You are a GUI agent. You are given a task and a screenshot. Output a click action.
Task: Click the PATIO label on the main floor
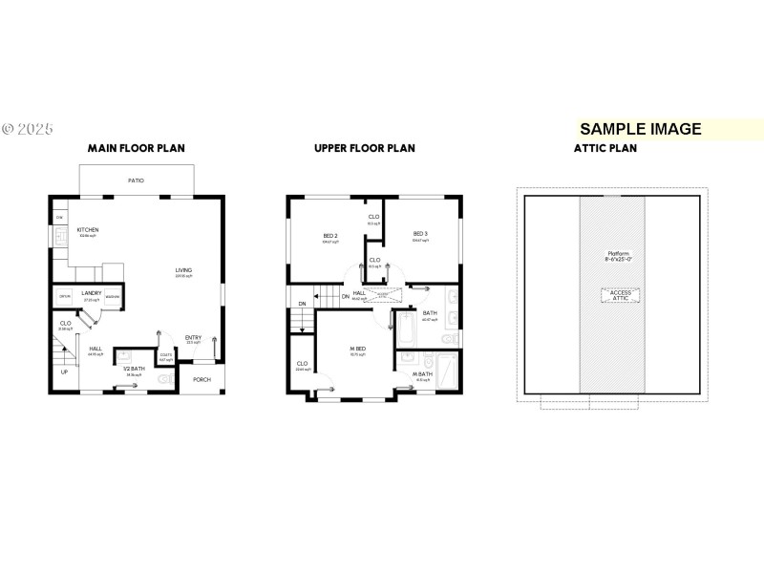137,180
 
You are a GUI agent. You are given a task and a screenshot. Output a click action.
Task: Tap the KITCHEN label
88,230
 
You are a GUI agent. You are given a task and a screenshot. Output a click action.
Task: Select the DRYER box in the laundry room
65,297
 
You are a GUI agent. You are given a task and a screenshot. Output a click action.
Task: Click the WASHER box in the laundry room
112,297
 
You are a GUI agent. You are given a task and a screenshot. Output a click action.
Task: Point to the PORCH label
202,379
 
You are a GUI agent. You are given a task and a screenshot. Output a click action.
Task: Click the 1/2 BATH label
134,369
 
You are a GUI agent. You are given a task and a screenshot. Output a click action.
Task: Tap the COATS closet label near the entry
165,355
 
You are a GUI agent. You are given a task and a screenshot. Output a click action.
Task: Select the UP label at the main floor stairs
64,371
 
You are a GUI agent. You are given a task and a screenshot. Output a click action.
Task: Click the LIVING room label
183,270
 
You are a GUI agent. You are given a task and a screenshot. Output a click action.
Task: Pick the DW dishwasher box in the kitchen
58,218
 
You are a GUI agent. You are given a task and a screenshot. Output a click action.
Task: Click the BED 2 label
329,234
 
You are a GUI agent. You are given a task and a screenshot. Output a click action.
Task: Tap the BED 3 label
420,234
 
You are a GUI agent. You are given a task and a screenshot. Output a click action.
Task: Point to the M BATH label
421,374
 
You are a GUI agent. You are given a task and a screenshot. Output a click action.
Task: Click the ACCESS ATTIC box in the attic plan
612,296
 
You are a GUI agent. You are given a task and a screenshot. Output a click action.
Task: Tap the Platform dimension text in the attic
612,256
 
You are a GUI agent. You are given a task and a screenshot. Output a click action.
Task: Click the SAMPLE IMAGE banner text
640,129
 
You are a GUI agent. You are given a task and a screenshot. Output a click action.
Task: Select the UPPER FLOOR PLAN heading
365,148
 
